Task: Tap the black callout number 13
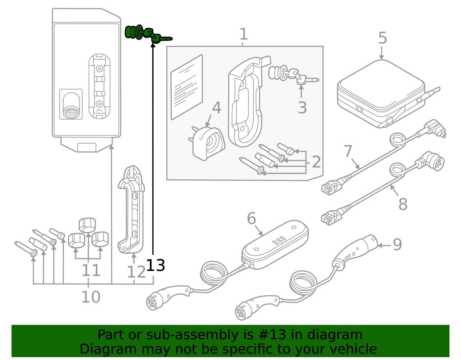(156, 265)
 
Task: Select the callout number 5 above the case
(382, 38)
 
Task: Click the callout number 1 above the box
(243, 34)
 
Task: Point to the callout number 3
(302, 108)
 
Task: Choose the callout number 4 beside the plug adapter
(216, 108)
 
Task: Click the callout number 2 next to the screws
(316, 162)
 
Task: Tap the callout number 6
(251, 218)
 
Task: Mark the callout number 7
(348, 151)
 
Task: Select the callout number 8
(403, 204)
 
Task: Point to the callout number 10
(90, 297)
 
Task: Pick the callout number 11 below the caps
(91, 270)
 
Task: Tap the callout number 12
(136, 272)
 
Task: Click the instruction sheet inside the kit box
(187, 87)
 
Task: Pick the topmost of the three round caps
(87, 225)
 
